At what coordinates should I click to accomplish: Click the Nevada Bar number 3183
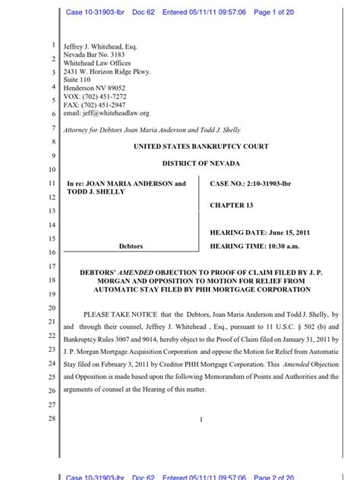(x=116, y=55)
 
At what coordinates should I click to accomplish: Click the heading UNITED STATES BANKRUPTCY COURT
(x=201, y=147)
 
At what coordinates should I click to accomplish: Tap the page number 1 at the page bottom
(x=201, y=419)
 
